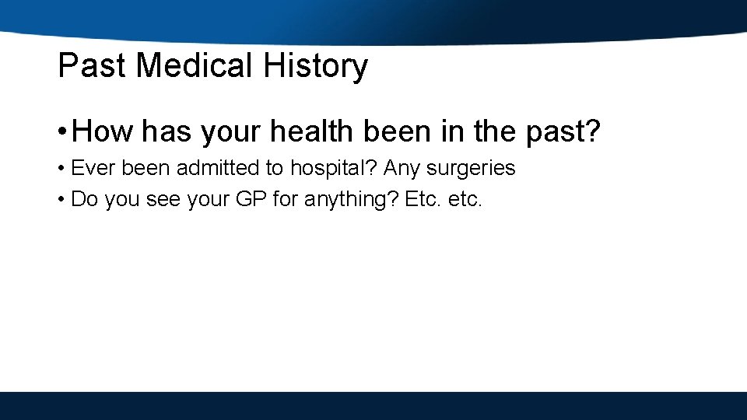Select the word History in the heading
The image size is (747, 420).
[315, 66]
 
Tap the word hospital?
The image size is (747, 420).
[335, 168]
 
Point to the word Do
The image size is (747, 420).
[84, 200]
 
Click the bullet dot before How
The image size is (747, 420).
[61, 131]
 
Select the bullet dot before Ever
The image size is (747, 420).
[61, 169]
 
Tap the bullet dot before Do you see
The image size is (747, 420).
[61, 201]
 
